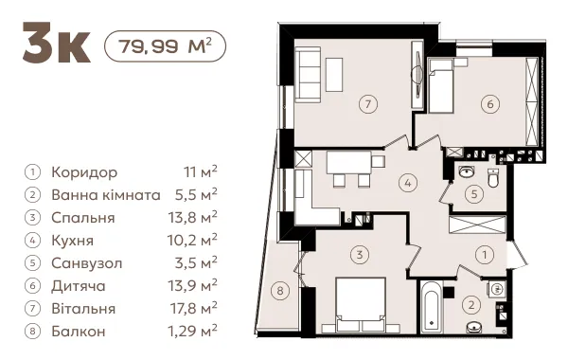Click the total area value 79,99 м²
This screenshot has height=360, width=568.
(165, 46)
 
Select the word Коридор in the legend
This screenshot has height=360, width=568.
(84, 172)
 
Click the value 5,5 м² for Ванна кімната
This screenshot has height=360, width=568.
(196, 195)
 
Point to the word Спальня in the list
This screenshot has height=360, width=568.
(83, 218)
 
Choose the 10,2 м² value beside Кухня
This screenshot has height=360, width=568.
(192, 241)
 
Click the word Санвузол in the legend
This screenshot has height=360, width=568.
(87, 263)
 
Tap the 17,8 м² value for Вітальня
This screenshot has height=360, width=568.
(194, 309)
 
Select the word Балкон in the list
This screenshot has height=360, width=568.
(79, 332)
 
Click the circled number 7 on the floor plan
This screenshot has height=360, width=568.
(368, 104)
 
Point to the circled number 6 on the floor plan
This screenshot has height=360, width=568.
(490, 104)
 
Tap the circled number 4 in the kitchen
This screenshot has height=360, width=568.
(408, 183)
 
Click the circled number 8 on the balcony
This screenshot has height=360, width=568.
(280, 291)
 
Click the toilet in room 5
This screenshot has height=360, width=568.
(493, 178)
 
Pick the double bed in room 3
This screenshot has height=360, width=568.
(361, 304)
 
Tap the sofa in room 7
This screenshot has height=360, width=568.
(308, 74)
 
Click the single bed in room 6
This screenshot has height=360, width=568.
(441, 85)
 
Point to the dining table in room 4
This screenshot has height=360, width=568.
(349, 162)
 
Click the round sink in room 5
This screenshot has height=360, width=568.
(467, 171)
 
